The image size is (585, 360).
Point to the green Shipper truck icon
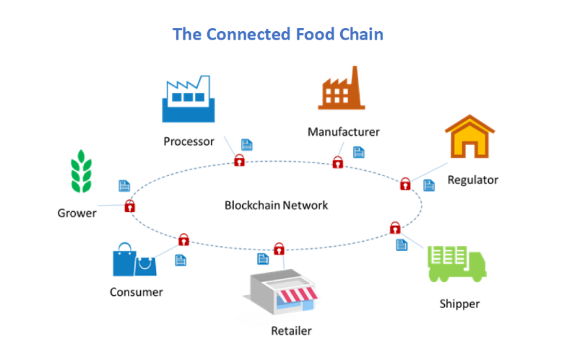[x=456, y=263]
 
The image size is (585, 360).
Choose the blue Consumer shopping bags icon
[x=134, y=261]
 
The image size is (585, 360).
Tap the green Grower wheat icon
[x=82, y=172]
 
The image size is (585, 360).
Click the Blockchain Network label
[x=277, y=205]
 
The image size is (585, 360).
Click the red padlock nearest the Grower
[x=130, y=206]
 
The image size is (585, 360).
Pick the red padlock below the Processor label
[x=239, y=160]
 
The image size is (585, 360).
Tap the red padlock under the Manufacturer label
[x=338, y=162]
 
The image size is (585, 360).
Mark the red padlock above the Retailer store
[x=279, y=248]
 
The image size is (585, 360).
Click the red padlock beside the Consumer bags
[x=184, y=238]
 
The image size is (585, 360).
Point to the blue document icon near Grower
[x=124, y=186]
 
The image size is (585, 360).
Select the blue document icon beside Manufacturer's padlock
[x=358, y=152]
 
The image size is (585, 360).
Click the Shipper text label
[x=459, y=303]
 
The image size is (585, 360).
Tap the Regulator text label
[x=473, y=179]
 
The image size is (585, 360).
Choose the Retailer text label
[x=292, y=331]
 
